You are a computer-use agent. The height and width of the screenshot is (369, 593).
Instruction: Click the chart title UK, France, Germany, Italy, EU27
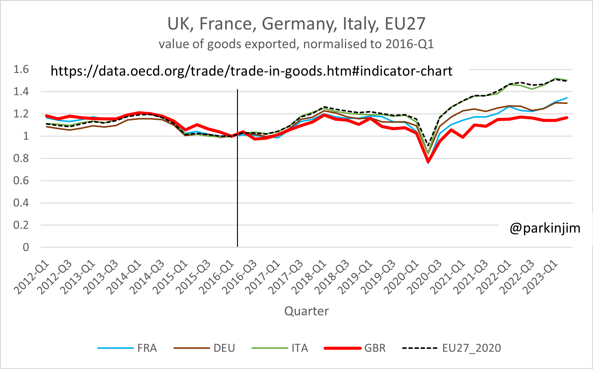coord(296,24)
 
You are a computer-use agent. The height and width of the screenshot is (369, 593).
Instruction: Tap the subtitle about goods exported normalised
coord(296,44)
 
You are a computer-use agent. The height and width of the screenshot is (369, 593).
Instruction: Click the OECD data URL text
coord(251,71)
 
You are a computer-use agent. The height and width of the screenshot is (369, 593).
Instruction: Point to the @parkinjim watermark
coord(545,228)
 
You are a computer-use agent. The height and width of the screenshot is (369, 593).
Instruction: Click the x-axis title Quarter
coord(306,311)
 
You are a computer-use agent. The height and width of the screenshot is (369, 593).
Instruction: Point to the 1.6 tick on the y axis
coord(21,69)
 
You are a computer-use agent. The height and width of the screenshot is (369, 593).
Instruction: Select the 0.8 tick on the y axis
coord(21,158)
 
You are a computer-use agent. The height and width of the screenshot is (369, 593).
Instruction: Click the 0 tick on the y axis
coord(26,247)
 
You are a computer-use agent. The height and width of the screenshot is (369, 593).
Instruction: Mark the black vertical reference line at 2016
coord(237,183)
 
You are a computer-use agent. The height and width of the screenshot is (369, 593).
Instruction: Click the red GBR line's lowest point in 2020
coord(428,161)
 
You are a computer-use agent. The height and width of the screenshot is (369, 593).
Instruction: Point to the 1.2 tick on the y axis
coord(21,114)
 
